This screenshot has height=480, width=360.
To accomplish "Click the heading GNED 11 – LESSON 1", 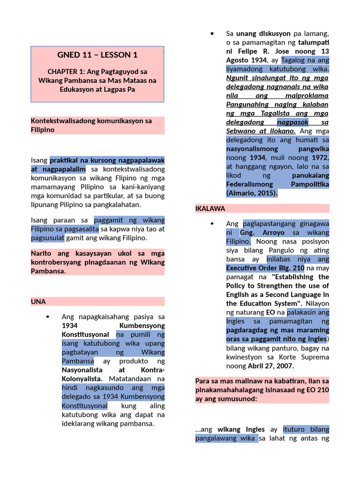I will [97, 55].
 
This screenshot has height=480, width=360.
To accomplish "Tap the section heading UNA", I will [38, 301].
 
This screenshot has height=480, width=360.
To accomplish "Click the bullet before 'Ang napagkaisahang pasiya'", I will [48, 317].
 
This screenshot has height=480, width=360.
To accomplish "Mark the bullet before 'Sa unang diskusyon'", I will [212, 34].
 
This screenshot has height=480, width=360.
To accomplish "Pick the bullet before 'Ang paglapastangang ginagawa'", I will [212, 224].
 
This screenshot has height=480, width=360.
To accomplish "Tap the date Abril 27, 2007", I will [273, 366].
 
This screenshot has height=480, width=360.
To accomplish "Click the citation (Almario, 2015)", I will [252, 193].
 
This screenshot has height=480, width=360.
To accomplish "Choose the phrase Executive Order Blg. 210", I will [265, 268].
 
